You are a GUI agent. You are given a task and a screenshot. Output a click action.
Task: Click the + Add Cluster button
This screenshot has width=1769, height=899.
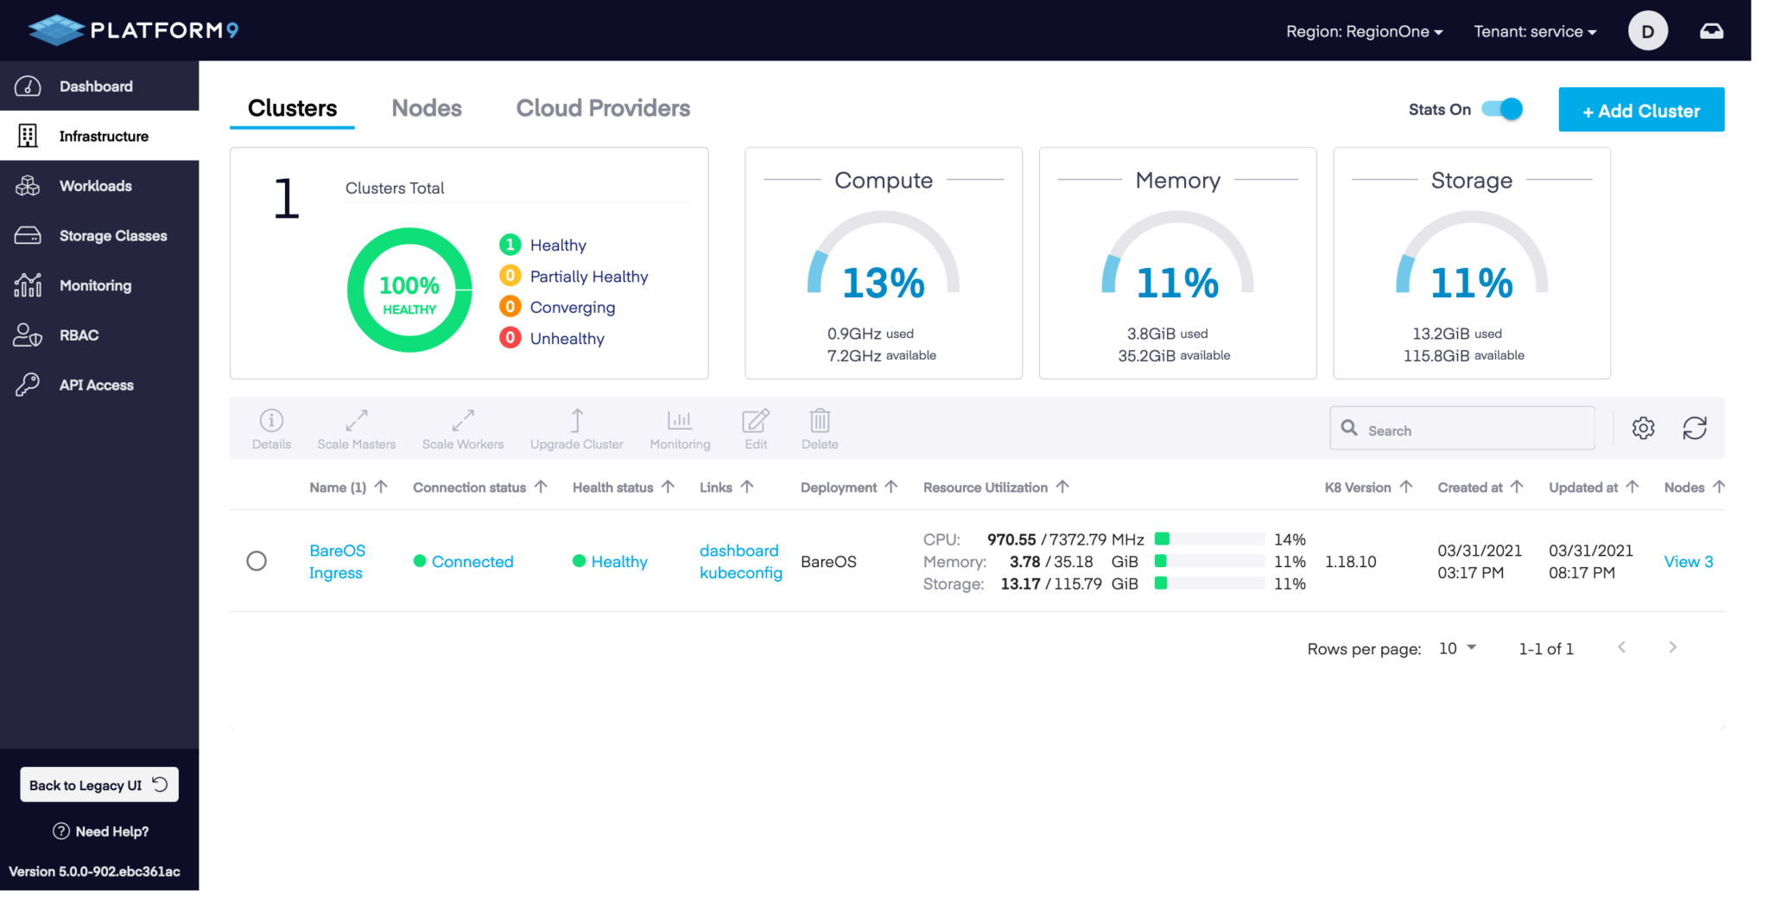coord(1640,110)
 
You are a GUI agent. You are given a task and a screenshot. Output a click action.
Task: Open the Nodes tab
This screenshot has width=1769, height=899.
coord(426,108)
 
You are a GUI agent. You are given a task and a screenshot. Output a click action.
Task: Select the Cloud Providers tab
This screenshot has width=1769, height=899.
coord(603,108)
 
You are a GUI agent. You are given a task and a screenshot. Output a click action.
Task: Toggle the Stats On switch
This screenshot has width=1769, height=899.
coord(1502,109)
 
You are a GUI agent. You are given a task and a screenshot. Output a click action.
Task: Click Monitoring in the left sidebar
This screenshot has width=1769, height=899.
coord(95,285)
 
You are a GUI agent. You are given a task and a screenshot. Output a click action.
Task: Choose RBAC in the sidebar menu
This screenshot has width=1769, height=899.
coord(79,335)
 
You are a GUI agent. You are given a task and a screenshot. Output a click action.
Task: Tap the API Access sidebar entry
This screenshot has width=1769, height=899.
coord(96,386)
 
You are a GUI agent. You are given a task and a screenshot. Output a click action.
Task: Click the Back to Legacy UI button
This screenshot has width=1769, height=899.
coord(98,785)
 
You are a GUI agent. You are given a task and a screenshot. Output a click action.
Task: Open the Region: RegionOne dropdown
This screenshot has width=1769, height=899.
coord(1364,32)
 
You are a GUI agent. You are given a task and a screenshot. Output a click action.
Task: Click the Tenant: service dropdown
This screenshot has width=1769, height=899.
coord(1534,32)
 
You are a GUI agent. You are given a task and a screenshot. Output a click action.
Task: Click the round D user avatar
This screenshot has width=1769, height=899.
coord(1647,31)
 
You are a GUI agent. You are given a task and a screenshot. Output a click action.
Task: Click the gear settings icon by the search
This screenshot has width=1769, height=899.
coord(1643,428)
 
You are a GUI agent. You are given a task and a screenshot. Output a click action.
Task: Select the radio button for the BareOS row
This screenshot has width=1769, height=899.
coord(257,561)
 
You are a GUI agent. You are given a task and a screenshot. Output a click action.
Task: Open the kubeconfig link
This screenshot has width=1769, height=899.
coord(740,573)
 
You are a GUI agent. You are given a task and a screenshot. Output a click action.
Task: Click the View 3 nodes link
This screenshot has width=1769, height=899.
coord(1688,562)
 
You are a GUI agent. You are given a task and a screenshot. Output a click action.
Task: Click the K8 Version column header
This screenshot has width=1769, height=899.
coord(1358,488)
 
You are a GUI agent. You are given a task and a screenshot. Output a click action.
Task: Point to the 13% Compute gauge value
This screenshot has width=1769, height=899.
coord(883,284)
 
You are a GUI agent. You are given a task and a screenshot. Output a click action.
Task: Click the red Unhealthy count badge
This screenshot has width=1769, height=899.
coord(510,338)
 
